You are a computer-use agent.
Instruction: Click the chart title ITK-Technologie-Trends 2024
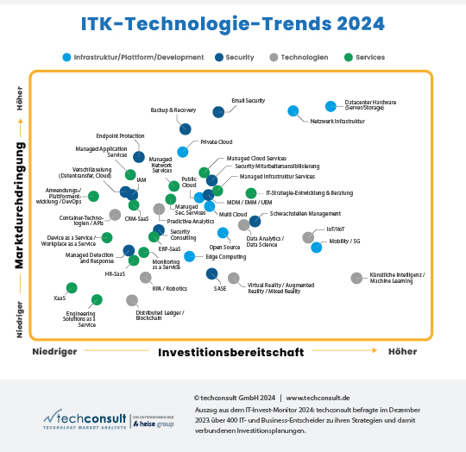click(233, 25)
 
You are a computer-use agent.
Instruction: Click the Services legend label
click(370, 57)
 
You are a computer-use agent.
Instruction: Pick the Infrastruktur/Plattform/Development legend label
click(139, 57)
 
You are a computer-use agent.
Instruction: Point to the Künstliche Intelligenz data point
click(356, 278)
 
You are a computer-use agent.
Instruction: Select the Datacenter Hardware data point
click(331, 106)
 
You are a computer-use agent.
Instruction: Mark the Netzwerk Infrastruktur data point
click(293, 110)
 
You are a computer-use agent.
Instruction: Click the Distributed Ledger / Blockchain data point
click(132, 300)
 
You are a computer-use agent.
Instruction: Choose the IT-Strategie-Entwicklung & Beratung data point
click(250, 193)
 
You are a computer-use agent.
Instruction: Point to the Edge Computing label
click(225, 257)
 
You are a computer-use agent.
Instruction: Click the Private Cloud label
click(217, 141)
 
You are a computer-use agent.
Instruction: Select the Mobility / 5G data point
click(317, 248)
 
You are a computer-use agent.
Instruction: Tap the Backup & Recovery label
click(173, 110)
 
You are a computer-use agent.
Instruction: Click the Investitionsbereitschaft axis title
click(230, 352)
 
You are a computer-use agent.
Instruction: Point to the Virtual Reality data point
click(234, 278)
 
